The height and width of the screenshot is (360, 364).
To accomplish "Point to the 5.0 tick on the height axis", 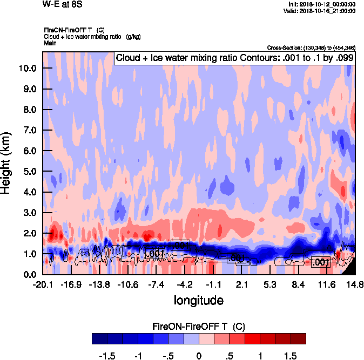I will (x=29, y=172).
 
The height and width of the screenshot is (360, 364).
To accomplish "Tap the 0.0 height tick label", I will (x=29, y=274).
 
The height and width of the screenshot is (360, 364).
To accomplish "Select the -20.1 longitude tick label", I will (x=42, y=284).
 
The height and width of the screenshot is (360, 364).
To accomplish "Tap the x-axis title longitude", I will (x=198, y=299).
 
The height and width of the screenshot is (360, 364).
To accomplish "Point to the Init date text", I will (x=322, y=4).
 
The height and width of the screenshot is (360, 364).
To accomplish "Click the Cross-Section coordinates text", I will (x=312, y=48).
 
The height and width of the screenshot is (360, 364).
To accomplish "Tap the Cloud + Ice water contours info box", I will (x=234, y=58).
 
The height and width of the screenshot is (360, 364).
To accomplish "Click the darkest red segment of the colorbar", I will (x=299, y=338).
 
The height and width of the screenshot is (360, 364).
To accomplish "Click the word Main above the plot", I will (x=50, y=43).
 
